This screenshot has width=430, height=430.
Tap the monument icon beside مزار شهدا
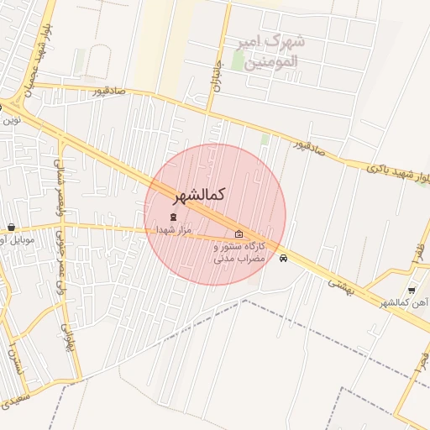coord(174,218)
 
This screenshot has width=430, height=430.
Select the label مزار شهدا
coord(174,229)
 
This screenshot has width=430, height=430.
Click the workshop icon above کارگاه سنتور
coord(239,234)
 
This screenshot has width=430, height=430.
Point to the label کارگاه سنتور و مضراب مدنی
coord(240,253)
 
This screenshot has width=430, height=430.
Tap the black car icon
coord(284,259)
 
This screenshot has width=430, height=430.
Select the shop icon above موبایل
coord(11,227)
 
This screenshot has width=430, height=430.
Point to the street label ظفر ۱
coord(418,251)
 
